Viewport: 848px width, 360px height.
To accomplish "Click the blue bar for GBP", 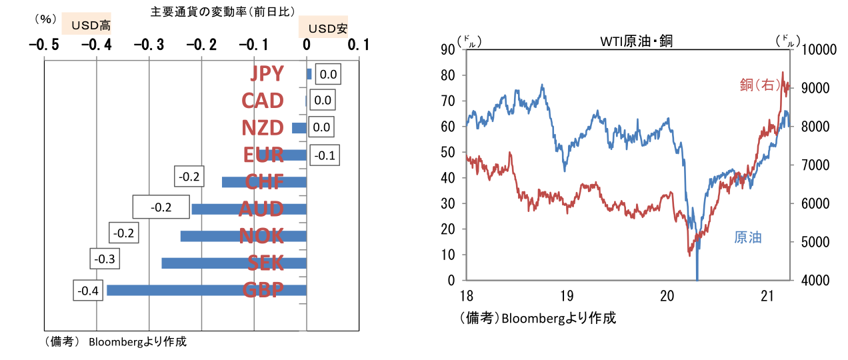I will pyautogui.click(x=207, y=290).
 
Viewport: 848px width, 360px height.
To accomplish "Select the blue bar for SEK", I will pyautogui.click(x=233, y=263).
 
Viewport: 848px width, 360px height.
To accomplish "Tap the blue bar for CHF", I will pyautogui.click(x=263, y=182).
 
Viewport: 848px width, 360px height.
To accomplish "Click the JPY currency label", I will pyautogui.click(x=267, y=73).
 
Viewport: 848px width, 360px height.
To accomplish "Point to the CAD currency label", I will pyautogui.click(x=263, y=101).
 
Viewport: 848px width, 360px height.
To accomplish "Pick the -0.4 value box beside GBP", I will pyautogui.click(x=88, y=291).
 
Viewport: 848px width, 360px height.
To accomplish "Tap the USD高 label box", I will pyautogui.click(x=87, y=25).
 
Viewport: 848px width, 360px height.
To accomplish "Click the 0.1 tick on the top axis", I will pyautogui.click(x=359, y=45).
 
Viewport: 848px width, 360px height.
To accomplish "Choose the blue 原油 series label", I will pyautogui.click(x=747, y=237).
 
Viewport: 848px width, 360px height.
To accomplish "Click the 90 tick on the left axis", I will pyautogui.click(x=447, y=49).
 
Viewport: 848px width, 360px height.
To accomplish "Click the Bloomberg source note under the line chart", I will pyautogui.click(x=537, y=318).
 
